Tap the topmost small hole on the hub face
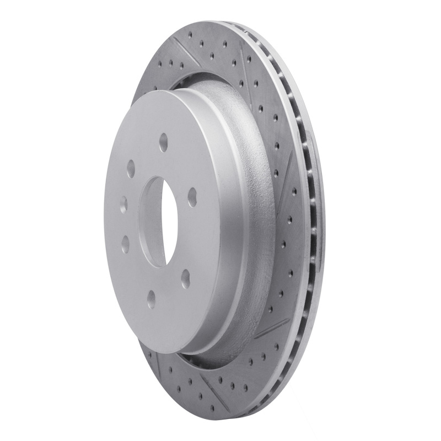(164, 143)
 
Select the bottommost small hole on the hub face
(151, 298)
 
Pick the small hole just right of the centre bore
(192, 196)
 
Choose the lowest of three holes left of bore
(126, 243)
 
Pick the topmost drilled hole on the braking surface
(190, 34)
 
